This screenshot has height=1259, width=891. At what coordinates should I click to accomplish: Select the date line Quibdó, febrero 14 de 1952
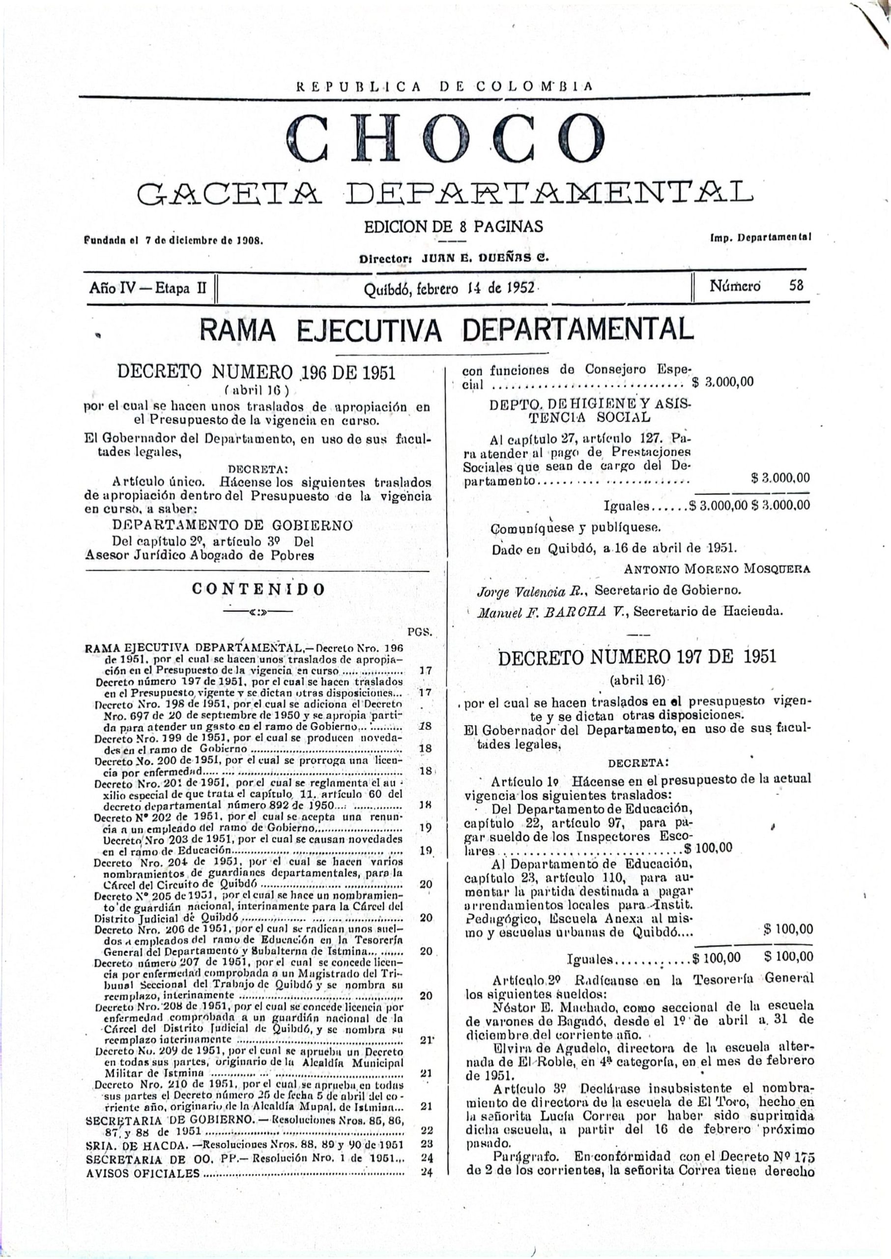pyautogui.click(x=449, y=288)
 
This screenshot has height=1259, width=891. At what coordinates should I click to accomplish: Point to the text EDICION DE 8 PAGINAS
pyautogui.click(x=454, y=226)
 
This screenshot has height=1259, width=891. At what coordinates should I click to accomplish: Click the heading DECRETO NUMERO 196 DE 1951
pyautogui.click(x=257, y=372)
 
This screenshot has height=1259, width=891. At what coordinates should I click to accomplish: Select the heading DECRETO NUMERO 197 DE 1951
pyautogui.click(x=637, y=657)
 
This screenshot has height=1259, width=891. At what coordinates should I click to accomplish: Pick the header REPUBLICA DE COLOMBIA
pyautogui.click(x=445, y=86)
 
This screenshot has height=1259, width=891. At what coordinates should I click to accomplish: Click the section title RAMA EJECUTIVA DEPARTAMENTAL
pyautogui.click(x=447, y=330)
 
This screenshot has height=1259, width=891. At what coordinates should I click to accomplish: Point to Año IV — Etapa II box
pyautogui.click(x=148, y=287)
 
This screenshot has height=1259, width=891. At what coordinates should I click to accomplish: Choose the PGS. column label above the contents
pyautogui.click(x=421, y=632)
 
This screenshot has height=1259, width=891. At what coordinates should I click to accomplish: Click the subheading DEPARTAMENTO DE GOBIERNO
pyautogui.click(x=232, y=525)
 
